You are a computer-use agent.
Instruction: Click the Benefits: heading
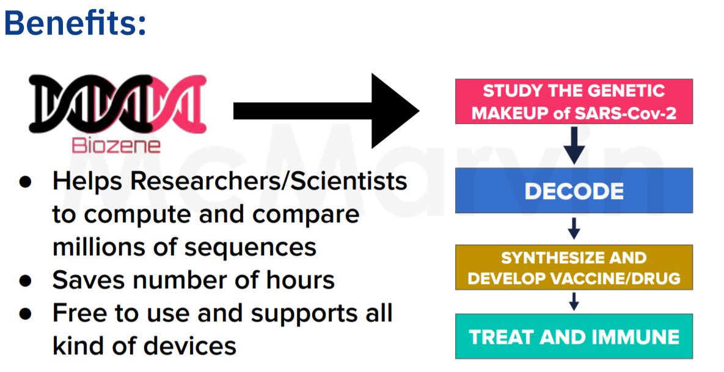point(75,23)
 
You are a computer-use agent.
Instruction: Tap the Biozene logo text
point(116,145)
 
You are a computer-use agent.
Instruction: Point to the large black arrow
point(326,111)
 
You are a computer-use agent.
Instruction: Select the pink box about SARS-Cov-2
point(574,101)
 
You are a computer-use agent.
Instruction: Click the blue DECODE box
point(574,191)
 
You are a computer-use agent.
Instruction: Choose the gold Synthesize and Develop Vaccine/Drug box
point(574,267)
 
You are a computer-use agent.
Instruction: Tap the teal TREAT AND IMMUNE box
point(574,337)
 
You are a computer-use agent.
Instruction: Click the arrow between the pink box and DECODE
point(574,145)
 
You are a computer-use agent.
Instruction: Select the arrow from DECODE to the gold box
point(574,228)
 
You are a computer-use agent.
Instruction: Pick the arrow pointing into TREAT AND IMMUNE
point(574,301)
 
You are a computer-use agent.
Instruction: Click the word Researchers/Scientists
point(269,181)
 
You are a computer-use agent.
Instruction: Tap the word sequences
point(250,249)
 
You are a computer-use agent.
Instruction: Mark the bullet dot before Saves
point(26,280)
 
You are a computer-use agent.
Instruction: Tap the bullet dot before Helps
point(26,181)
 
